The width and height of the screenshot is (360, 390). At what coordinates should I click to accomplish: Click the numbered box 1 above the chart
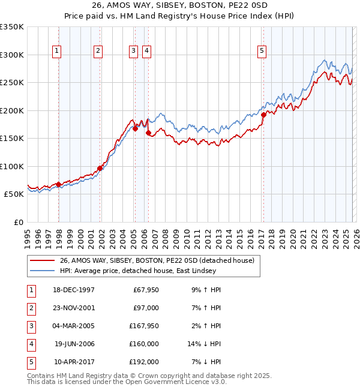(56, 52)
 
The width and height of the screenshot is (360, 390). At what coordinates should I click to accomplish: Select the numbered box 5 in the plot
(262, 52)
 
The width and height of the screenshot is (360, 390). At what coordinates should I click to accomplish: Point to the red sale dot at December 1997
(58, 184)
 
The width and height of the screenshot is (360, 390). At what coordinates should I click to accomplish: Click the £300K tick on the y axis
(12, 55)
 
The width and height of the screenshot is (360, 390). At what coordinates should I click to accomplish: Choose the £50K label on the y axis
(14, 194)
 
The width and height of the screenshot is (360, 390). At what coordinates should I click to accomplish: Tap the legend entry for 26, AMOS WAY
(157, 260)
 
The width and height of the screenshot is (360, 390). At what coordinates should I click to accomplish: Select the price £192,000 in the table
(143, 362)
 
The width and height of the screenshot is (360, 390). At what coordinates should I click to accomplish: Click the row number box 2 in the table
(31, 308)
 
